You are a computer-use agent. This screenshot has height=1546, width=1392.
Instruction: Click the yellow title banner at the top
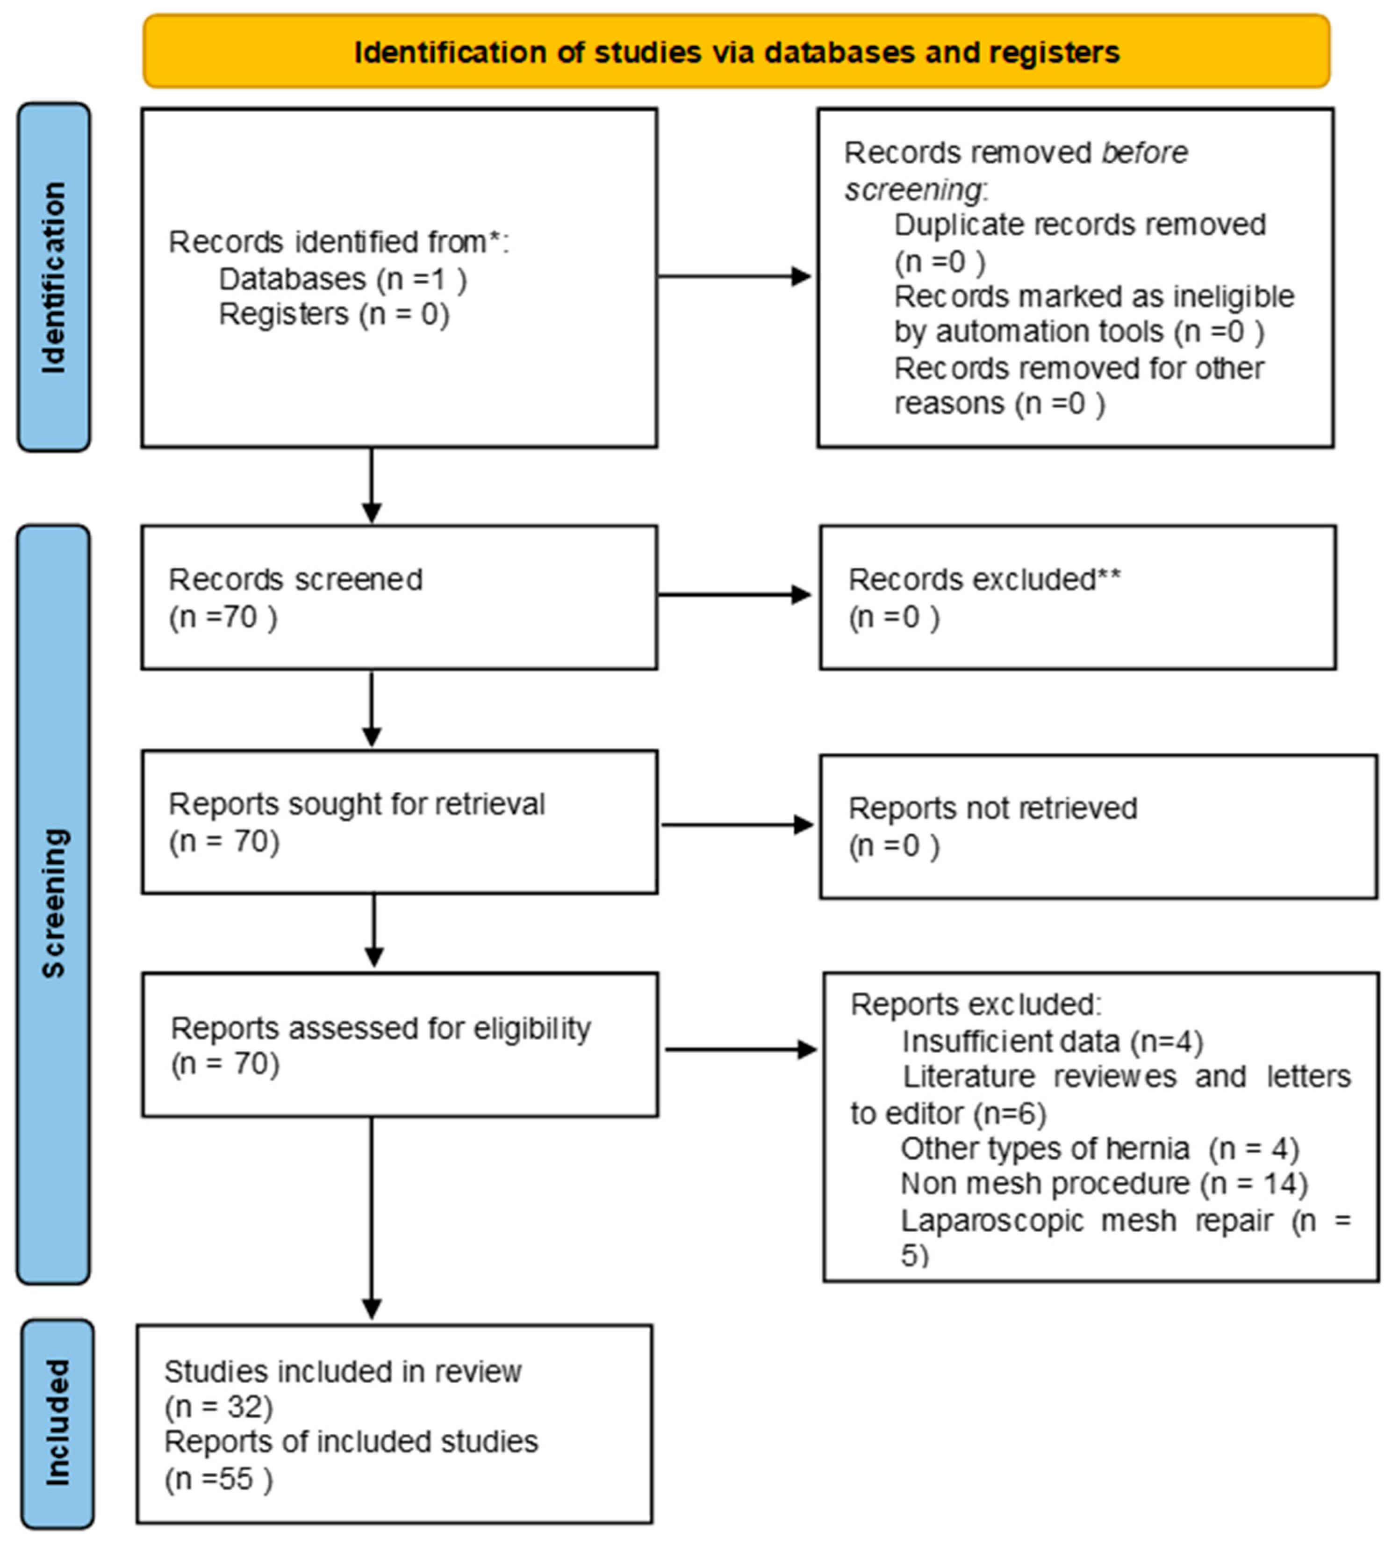[x=736, y=51]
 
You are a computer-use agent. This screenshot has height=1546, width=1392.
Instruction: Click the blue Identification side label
[x=54, y=277]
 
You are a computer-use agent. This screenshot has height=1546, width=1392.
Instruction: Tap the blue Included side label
[x=57, y=1423]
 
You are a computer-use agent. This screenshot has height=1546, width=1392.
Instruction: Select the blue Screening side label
[x=54, y=903]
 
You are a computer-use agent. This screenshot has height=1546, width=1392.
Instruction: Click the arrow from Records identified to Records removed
[x=734, y=276]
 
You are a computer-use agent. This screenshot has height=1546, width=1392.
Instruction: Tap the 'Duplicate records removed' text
[x=1080, y=225]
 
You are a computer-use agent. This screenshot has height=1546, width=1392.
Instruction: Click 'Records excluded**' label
[x=984, y=580]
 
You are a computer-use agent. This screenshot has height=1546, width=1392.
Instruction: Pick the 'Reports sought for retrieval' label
[x=356, y=804]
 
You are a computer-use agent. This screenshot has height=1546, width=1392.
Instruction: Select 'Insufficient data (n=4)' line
[x=1052, y=1041]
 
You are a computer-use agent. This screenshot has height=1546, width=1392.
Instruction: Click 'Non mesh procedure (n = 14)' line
[x=1104, y=1184]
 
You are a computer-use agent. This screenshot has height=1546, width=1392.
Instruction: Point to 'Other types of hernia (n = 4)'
[x=1099, y=1148]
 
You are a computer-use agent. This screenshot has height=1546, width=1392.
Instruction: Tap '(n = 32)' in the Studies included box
[x=219, y=1406]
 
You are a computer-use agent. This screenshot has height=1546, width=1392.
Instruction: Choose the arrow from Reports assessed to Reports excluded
[x=740, y=1049]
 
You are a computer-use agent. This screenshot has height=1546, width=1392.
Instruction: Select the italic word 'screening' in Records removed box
[x=911, y=189]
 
